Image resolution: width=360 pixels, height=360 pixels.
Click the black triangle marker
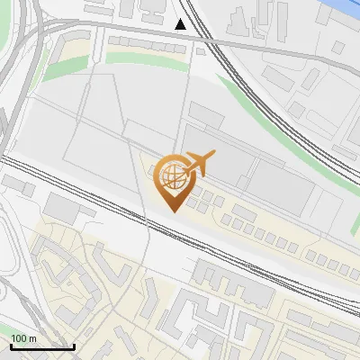[181, 23]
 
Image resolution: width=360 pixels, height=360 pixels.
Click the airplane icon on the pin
[198, 164]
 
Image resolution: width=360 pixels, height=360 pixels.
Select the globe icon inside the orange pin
[172, 174]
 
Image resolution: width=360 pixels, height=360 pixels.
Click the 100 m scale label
[23, 338]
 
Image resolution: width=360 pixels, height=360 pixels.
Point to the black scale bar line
[42, 346]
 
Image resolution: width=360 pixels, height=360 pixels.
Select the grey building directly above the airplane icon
[206, 117]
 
